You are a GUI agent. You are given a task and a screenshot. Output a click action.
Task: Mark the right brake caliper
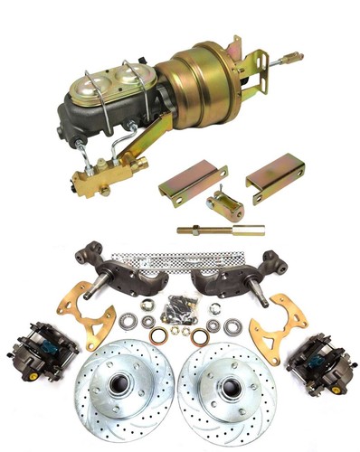317,363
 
